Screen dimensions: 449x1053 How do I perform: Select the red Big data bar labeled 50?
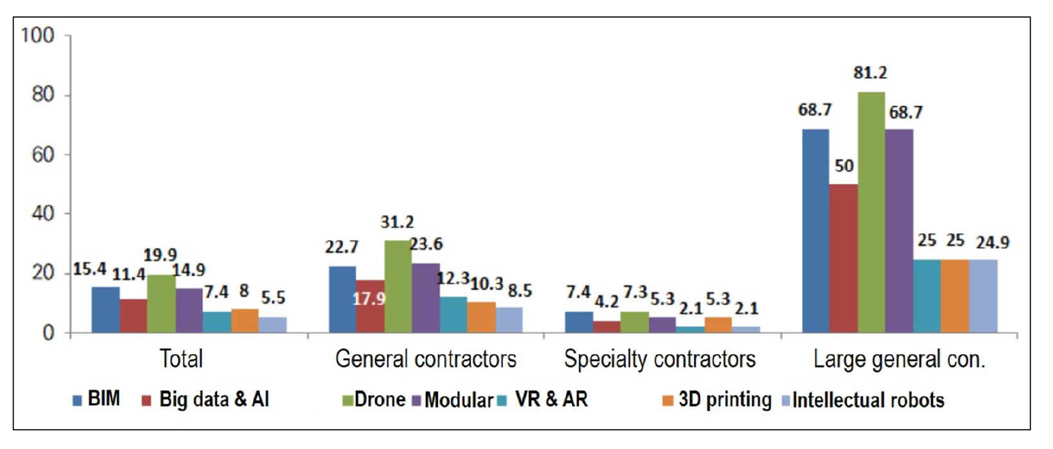point(843,258)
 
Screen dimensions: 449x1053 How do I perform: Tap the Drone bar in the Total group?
point(161,303)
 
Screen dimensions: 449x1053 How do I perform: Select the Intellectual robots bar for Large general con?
point(982,296)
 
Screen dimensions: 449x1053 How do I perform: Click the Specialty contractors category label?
point(660,359)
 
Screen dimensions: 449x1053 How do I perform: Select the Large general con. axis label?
point(898,359)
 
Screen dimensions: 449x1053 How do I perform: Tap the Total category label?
point(182,359)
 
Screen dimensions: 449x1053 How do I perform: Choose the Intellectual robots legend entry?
point(868,400)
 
